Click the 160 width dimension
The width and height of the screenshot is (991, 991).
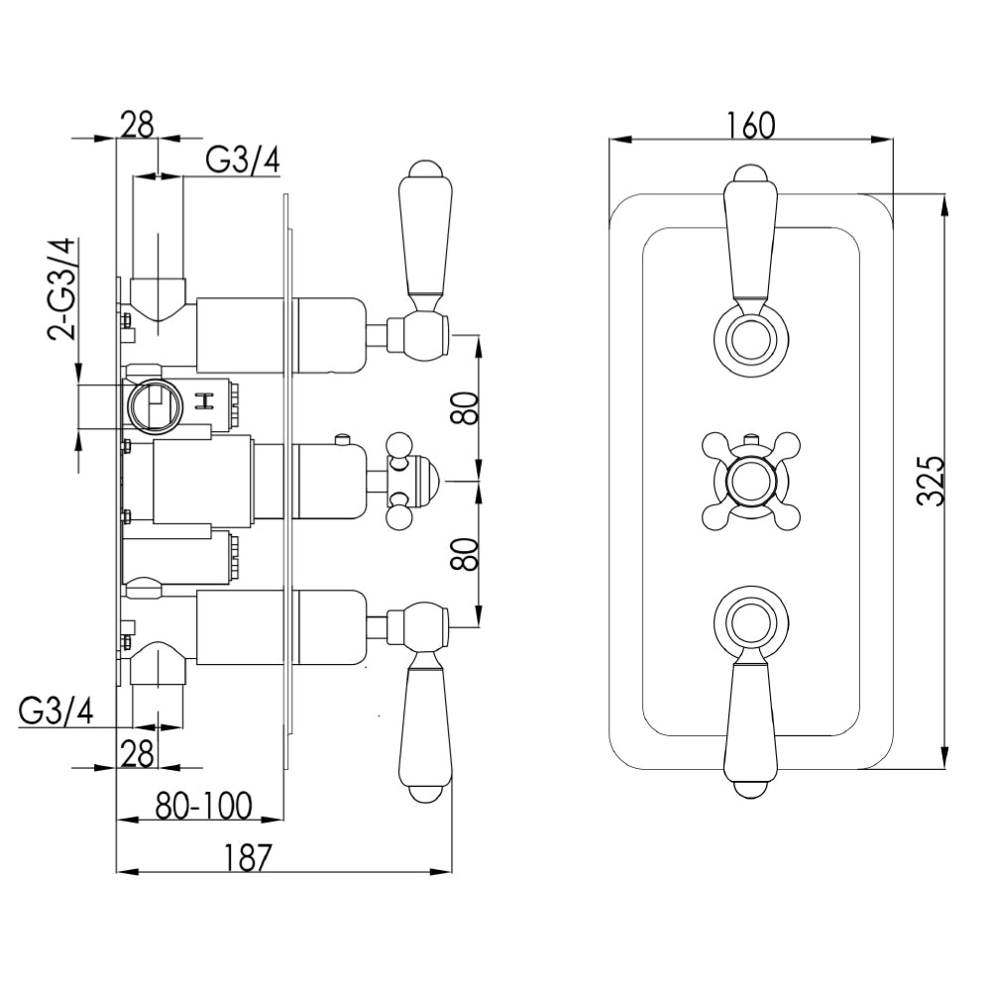click(x=751, y=126)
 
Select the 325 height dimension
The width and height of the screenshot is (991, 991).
click(x=929, y=482)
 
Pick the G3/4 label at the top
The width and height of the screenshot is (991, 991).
click(x=243, y=160)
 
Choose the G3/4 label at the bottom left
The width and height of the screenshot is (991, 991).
click(x=56, y=711)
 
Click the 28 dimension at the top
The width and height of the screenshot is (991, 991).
click(x=138, y=125)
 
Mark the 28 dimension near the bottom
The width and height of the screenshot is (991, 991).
click(x=138, y=752)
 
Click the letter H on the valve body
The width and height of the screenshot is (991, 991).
click(x=207, y=401)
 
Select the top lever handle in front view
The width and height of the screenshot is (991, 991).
click(x=749, y=238)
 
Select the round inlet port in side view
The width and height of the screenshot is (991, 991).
click(x=153, y=405)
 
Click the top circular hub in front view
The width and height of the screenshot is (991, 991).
click(x=749, y=334)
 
